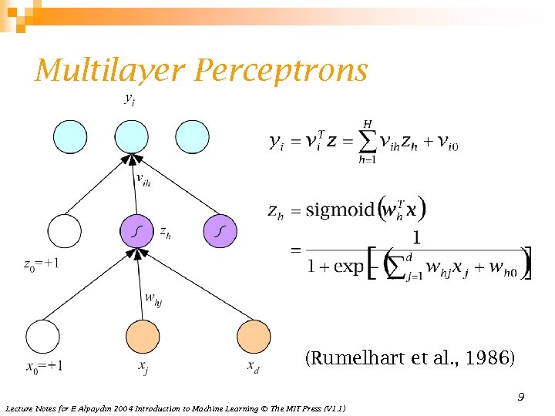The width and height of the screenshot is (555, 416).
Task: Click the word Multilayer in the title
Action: pos(110,71)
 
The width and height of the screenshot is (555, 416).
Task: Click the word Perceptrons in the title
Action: pos(281,71)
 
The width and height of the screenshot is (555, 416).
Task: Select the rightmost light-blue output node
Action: pos(192,136)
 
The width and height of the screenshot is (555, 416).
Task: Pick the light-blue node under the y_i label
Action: pos(130,136)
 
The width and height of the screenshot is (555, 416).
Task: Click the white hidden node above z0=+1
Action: pos(64,230)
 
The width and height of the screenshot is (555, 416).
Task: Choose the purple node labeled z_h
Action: pos(136,230)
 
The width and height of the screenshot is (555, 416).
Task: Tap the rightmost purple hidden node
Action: pos(220,230)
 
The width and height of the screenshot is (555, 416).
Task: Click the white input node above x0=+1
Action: pos(42,337)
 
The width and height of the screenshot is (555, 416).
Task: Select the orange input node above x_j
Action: pos(143,337)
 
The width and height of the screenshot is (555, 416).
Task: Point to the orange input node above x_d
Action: pos(254,337)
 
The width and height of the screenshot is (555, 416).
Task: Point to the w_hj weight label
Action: pos(153,298)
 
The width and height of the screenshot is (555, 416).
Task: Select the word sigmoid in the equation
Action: pos(340,210)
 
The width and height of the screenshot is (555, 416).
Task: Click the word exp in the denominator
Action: pos(349,267)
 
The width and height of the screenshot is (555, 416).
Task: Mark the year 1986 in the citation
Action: pos(492,358)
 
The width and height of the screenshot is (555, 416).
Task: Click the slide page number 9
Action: pos(521,397)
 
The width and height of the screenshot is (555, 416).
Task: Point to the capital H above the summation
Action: pos(368,123)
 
